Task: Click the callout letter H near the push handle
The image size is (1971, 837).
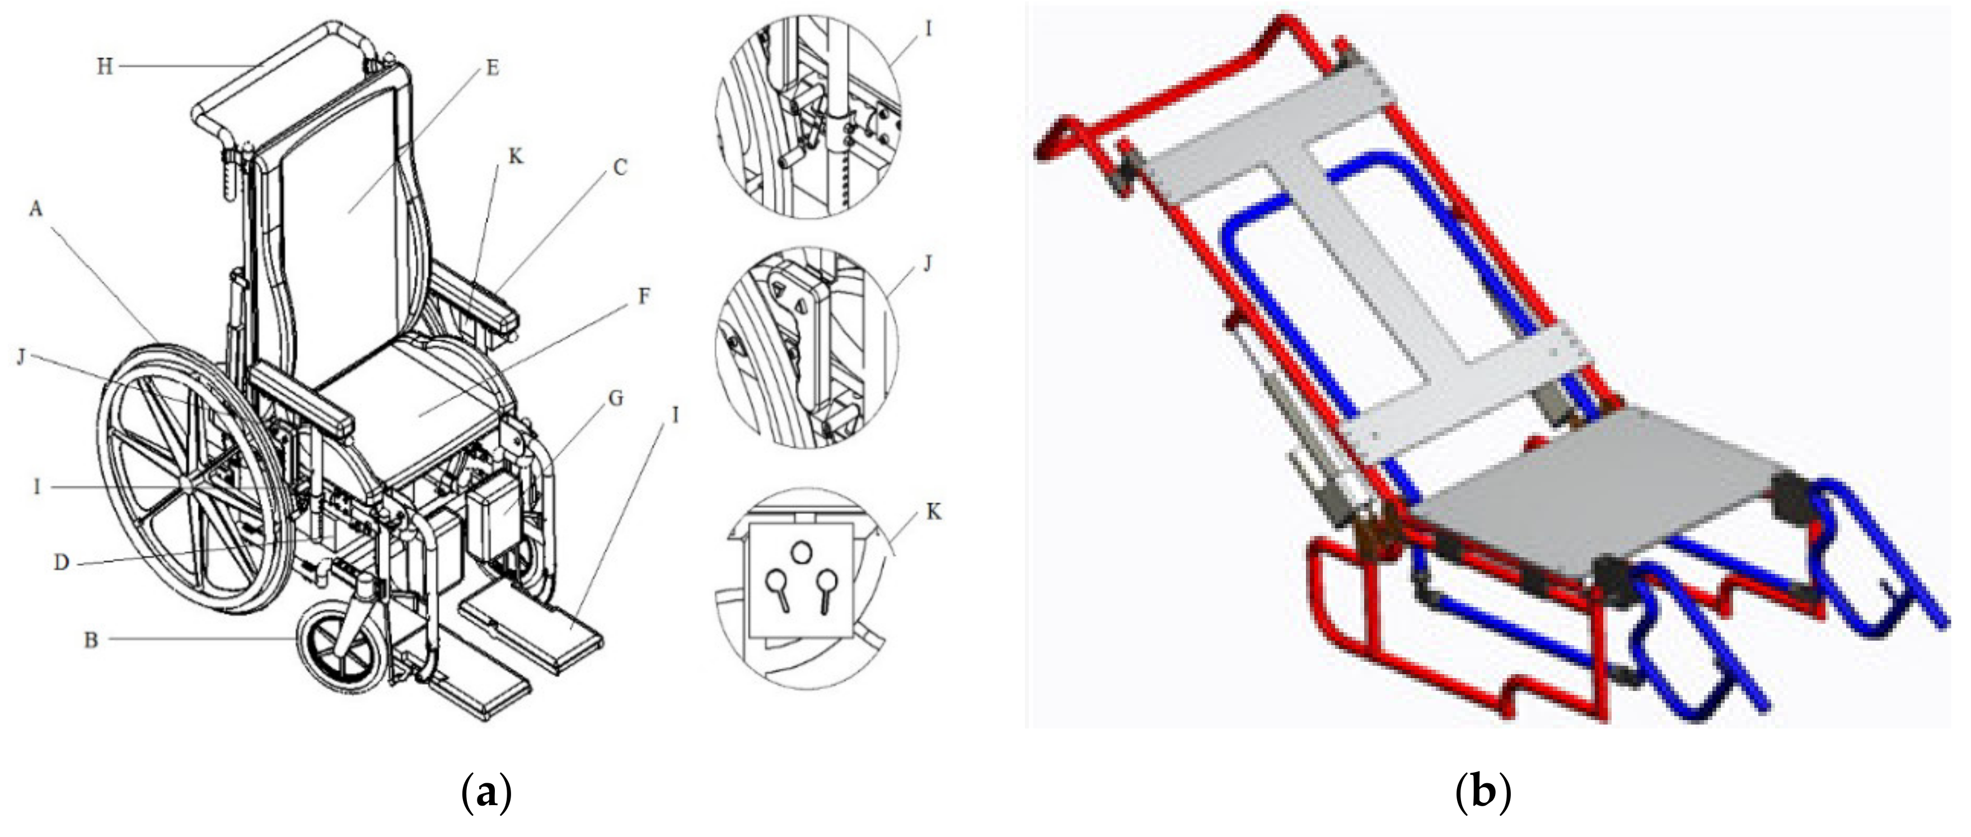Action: [104, 67]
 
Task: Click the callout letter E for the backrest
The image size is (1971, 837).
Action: [493, 68]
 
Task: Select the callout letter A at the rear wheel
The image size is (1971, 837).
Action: [36, 208]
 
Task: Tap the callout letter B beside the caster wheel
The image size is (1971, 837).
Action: [91, 639]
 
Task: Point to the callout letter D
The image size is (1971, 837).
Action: [61, 563]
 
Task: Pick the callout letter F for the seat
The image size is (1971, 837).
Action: [644, 296]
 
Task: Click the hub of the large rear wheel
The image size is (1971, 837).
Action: [187, 487]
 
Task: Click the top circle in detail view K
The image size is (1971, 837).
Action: [800, 552]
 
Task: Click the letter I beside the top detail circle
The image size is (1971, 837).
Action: [928, 29]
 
